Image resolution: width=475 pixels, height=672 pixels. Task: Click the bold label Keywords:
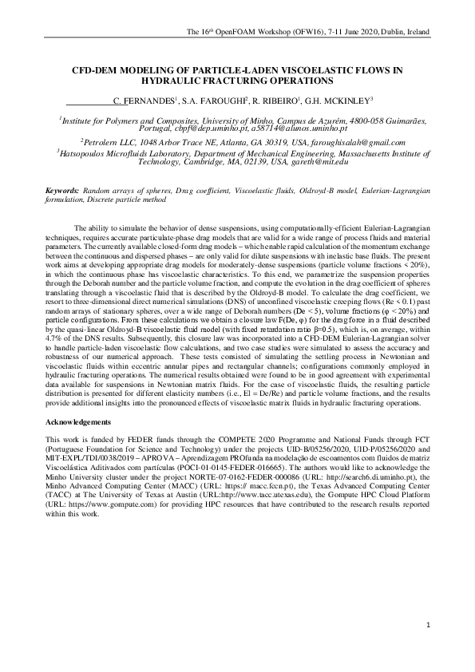(62, 192)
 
